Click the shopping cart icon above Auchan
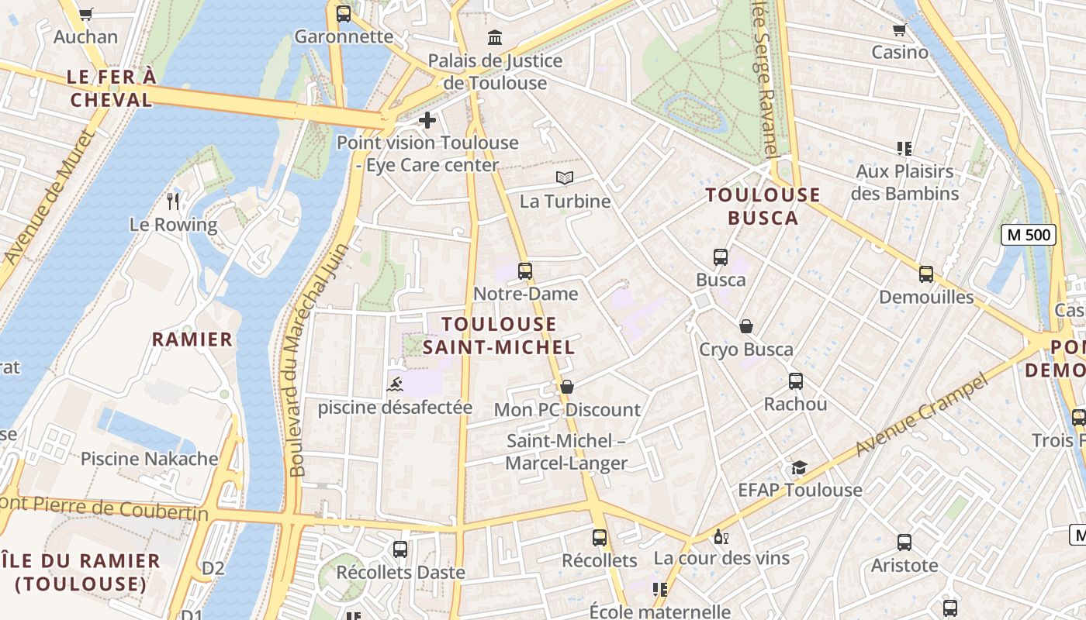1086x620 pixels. [x=85, y=13]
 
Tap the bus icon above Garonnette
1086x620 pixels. [x=344, y=13]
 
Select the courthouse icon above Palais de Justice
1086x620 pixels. [x=494, y=37]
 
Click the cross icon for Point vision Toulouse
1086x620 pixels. [x=427, y=120]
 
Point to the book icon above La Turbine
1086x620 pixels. [x=565, y=178]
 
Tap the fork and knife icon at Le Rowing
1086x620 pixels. [x=173, y=201]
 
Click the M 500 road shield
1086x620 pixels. [x=1029, y=235]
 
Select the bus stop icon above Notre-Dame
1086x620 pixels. [x=525, y=270]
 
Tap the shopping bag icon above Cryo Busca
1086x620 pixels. [x=746, y=326]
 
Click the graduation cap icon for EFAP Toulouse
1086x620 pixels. [x=799, y=467]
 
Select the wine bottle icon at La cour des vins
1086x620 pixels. [x=721, y=536]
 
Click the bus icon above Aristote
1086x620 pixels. [x=904, y=542]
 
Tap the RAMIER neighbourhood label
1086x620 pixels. [x=192, y=339]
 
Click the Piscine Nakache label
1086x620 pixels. [x=150, y=459]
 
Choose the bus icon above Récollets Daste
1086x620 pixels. [x=400, y=549]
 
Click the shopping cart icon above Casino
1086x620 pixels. [x=900, y=29]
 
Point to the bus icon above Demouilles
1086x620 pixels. [x=925, y=274]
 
